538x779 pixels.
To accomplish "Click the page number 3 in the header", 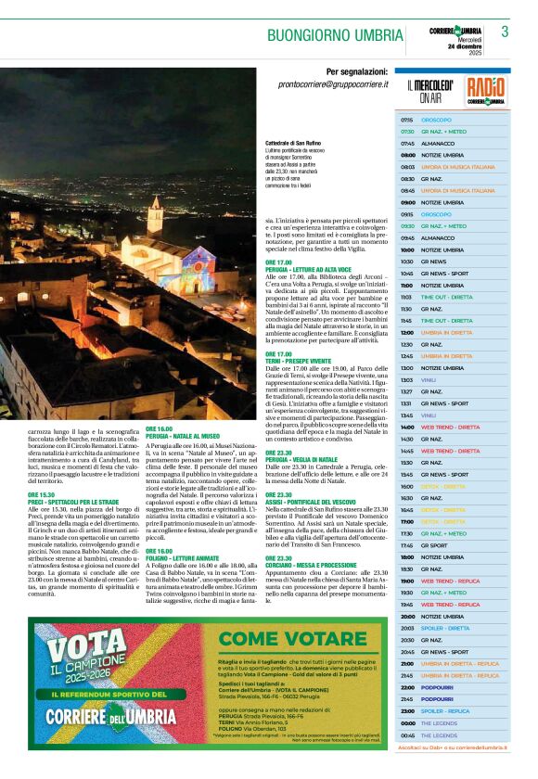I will (505, 32).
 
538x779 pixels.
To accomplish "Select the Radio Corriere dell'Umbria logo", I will (486, 91).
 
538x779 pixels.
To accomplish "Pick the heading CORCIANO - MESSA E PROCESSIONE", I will (314, 558).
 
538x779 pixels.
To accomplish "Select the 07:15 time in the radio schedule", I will (407, 121).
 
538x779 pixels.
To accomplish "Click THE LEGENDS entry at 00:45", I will (439, 734).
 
